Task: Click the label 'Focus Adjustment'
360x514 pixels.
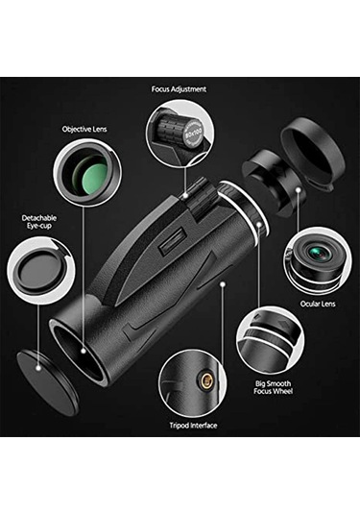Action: [179, 89]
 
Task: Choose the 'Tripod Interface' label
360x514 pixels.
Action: [192, 426]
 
